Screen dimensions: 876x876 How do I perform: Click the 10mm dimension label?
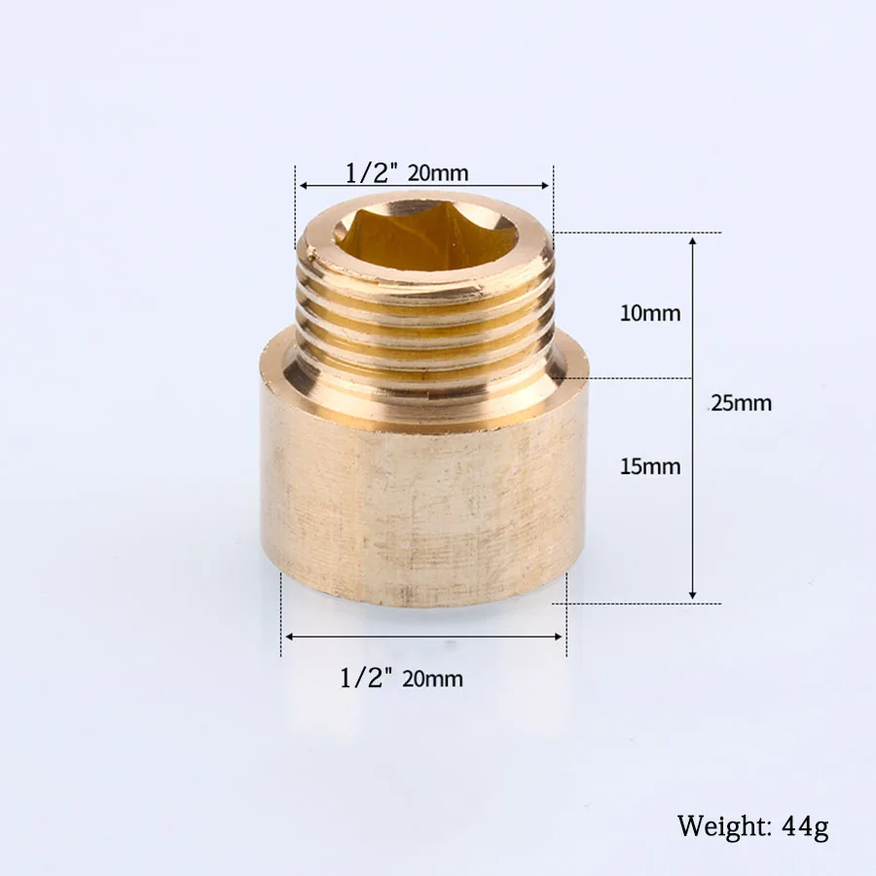(650, 313)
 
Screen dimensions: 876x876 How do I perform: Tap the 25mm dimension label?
(742, 403)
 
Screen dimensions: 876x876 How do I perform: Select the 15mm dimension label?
(650, 466)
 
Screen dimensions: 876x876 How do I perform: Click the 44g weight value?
(805, 826)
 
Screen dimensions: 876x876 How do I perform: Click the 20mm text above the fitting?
(438, 174)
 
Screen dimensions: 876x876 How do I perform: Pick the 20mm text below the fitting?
(432, 679)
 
